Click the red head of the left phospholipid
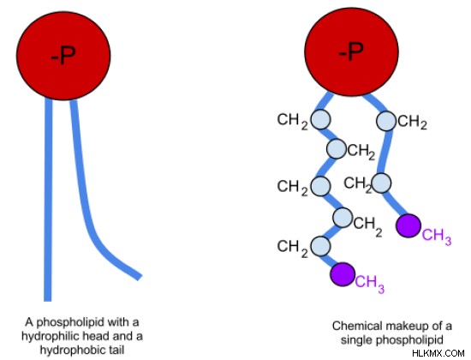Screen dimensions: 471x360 tap(63, 56)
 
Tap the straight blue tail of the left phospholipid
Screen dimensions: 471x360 tap(48, 200)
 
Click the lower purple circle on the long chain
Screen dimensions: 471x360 tap(343, 274)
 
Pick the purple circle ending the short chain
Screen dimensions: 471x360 tap(408, 225)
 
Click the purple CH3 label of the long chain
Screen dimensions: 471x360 tap(370, 284)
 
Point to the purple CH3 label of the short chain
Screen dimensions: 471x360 tap(437, 236)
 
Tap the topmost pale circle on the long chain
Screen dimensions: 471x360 tap(320, 119)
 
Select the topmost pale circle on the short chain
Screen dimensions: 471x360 tap(386, 121)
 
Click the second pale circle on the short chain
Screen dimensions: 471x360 tap(381, 183)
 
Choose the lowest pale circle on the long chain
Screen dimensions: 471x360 tap(320, 246)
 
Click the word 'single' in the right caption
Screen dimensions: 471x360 tap(356, 340)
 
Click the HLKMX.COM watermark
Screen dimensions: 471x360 tap(438, 353)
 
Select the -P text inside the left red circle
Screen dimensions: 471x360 tap(63, 56)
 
